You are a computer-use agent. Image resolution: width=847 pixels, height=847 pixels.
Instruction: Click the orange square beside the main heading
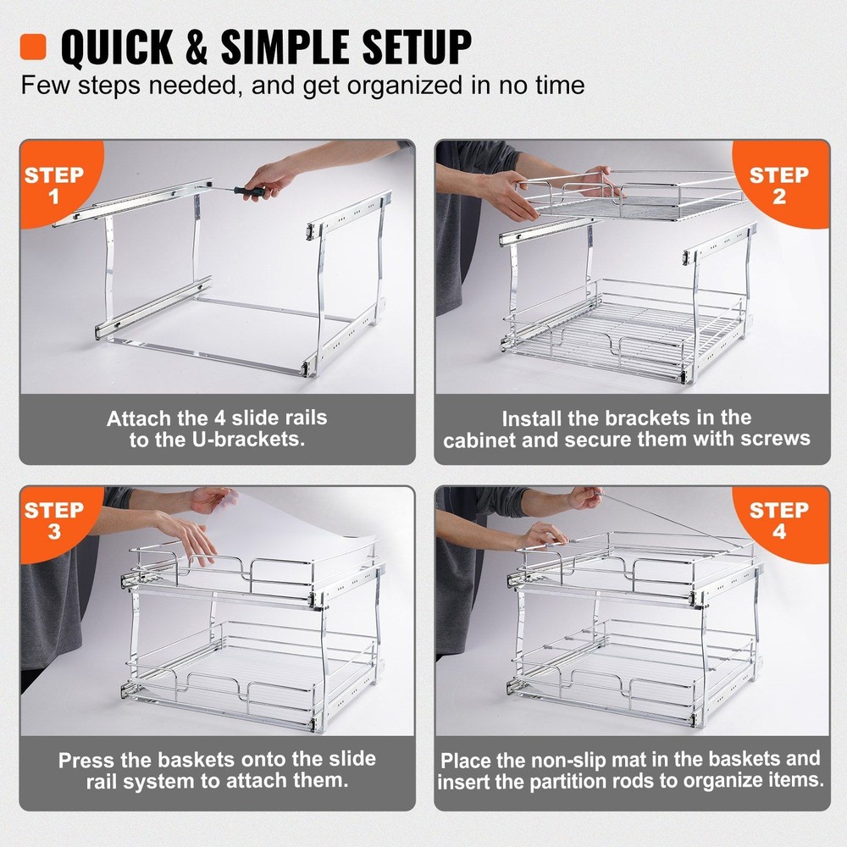pos(34,46)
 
